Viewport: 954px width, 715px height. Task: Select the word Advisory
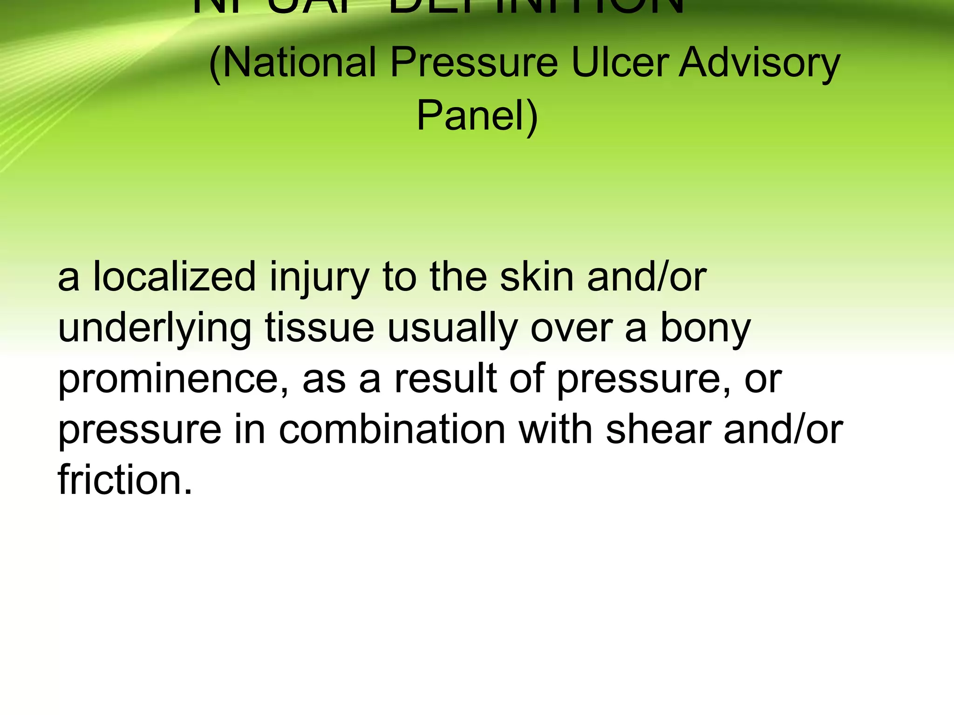(759, 63)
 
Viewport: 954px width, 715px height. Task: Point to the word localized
(174, 277)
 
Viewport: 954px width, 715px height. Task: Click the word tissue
(320, 329)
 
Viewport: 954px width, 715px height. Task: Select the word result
(445, 379)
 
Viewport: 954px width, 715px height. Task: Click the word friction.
(125, 480)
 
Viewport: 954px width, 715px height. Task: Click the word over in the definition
(571, 330)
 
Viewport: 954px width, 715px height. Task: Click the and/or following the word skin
(647, 277)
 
